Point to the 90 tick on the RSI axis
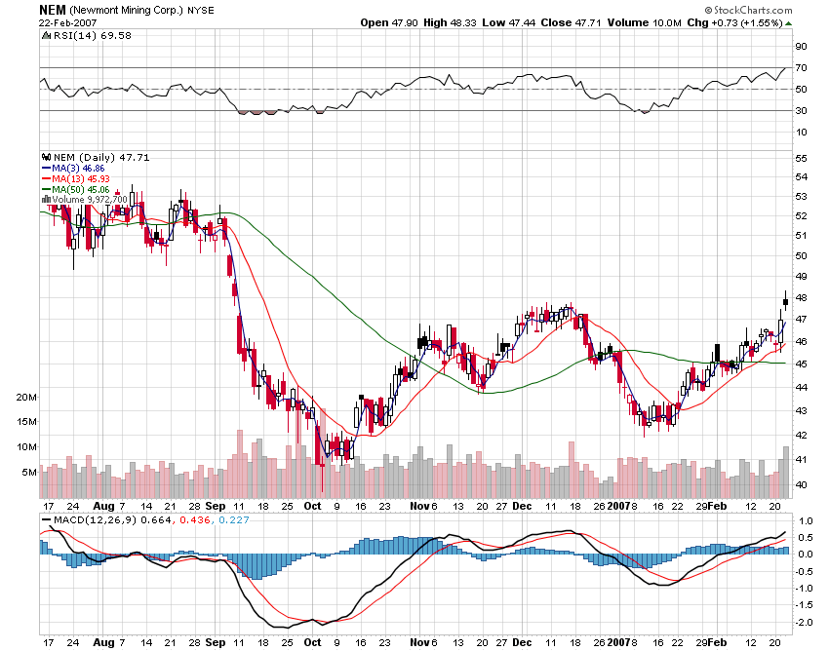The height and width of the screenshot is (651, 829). (x=800, y=47)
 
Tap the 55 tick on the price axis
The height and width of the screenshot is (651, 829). (x=800, y=158)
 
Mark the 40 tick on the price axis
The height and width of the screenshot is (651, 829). (x=800, y=484)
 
